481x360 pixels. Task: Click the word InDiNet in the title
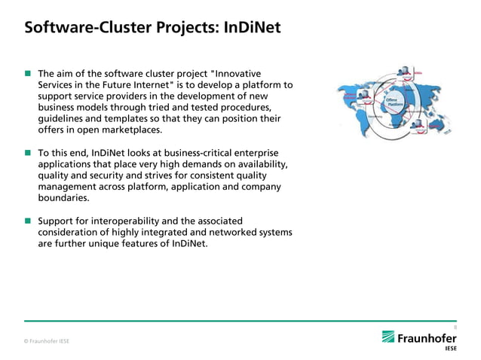coord(250,29)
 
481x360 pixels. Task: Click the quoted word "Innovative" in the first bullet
coord(237,74)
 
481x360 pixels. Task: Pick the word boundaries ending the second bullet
coord(63,198)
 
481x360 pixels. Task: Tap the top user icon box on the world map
coord(408,71)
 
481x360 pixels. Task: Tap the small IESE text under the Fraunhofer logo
coord(450,349)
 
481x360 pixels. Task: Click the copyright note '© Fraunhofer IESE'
coord(47,341)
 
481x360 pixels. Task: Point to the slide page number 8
coord(455,327)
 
